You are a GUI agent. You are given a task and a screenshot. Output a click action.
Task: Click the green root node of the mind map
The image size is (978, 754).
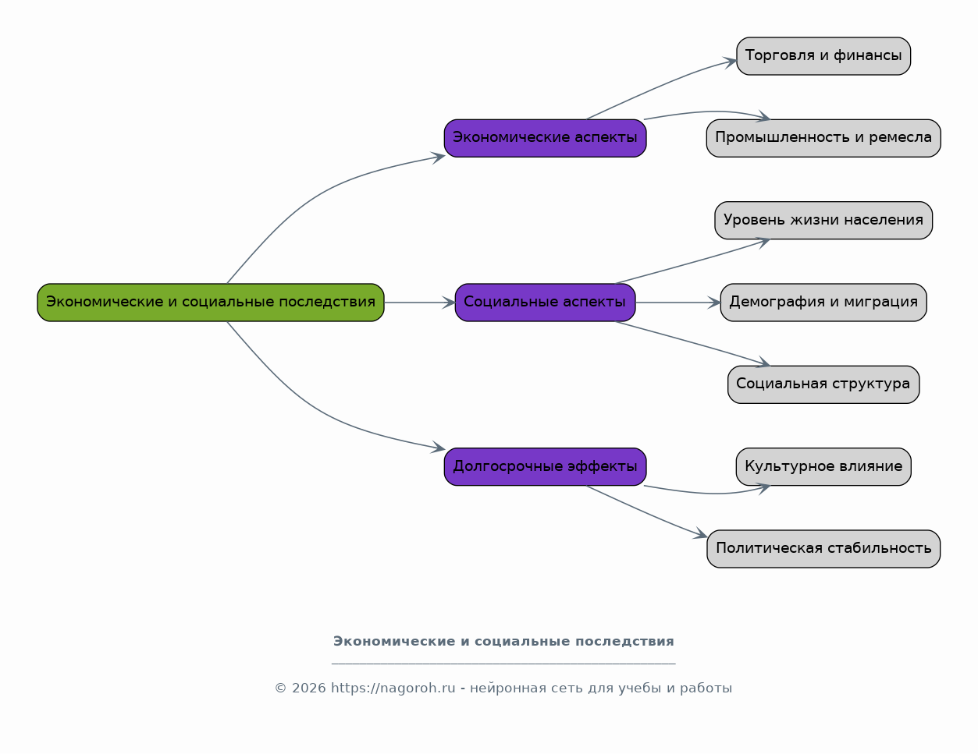point(211,302)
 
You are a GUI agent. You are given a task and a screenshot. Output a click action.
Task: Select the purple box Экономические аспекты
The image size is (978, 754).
point(545,138)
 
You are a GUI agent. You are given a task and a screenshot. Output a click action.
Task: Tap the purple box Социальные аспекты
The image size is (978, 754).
point(545,302)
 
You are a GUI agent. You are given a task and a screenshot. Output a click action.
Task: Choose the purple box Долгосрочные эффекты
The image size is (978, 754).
point(545,467)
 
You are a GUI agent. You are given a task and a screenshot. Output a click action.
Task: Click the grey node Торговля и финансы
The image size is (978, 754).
point(823,56)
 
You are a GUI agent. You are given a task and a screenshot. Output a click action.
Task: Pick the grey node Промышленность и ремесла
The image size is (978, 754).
point(823,138)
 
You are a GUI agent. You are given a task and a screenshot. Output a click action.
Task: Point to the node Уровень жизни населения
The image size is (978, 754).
point(823,221)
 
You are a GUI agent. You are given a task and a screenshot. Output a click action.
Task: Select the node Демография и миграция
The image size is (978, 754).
point(823,302)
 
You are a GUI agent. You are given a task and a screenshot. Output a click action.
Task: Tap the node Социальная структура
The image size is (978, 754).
point(823,384)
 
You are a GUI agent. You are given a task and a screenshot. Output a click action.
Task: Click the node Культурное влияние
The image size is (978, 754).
point(823,467)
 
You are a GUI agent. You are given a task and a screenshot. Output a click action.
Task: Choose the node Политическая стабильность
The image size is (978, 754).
point(823,548)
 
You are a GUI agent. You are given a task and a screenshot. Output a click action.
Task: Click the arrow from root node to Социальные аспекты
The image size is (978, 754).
point(420,303)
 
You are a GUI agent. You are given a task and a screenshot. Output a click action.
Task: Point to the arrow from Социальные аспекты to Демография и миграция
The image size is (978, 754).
point(678,303)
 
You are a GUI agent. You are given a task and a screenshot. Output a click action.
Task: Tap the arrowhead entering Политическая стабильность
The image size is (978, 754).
point(700,533)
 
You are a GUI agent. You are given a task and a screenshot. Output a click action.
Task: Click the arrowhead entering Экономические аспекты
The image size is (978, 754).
point(438,158)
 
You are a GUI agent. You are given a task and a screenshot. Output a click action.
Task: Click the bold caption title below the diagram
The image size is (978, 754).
point(503,641)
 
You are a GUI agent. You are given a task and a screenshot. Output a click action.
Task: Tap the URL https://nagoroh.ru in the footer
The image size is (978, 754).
point(393,688)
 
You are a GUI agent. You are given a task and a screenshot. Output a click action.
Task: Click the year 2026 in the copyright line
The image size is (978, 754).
point(309,688)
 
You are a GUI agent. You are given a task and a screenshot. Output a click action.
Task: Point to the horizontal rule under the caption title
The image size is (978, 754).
point(503,664)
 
